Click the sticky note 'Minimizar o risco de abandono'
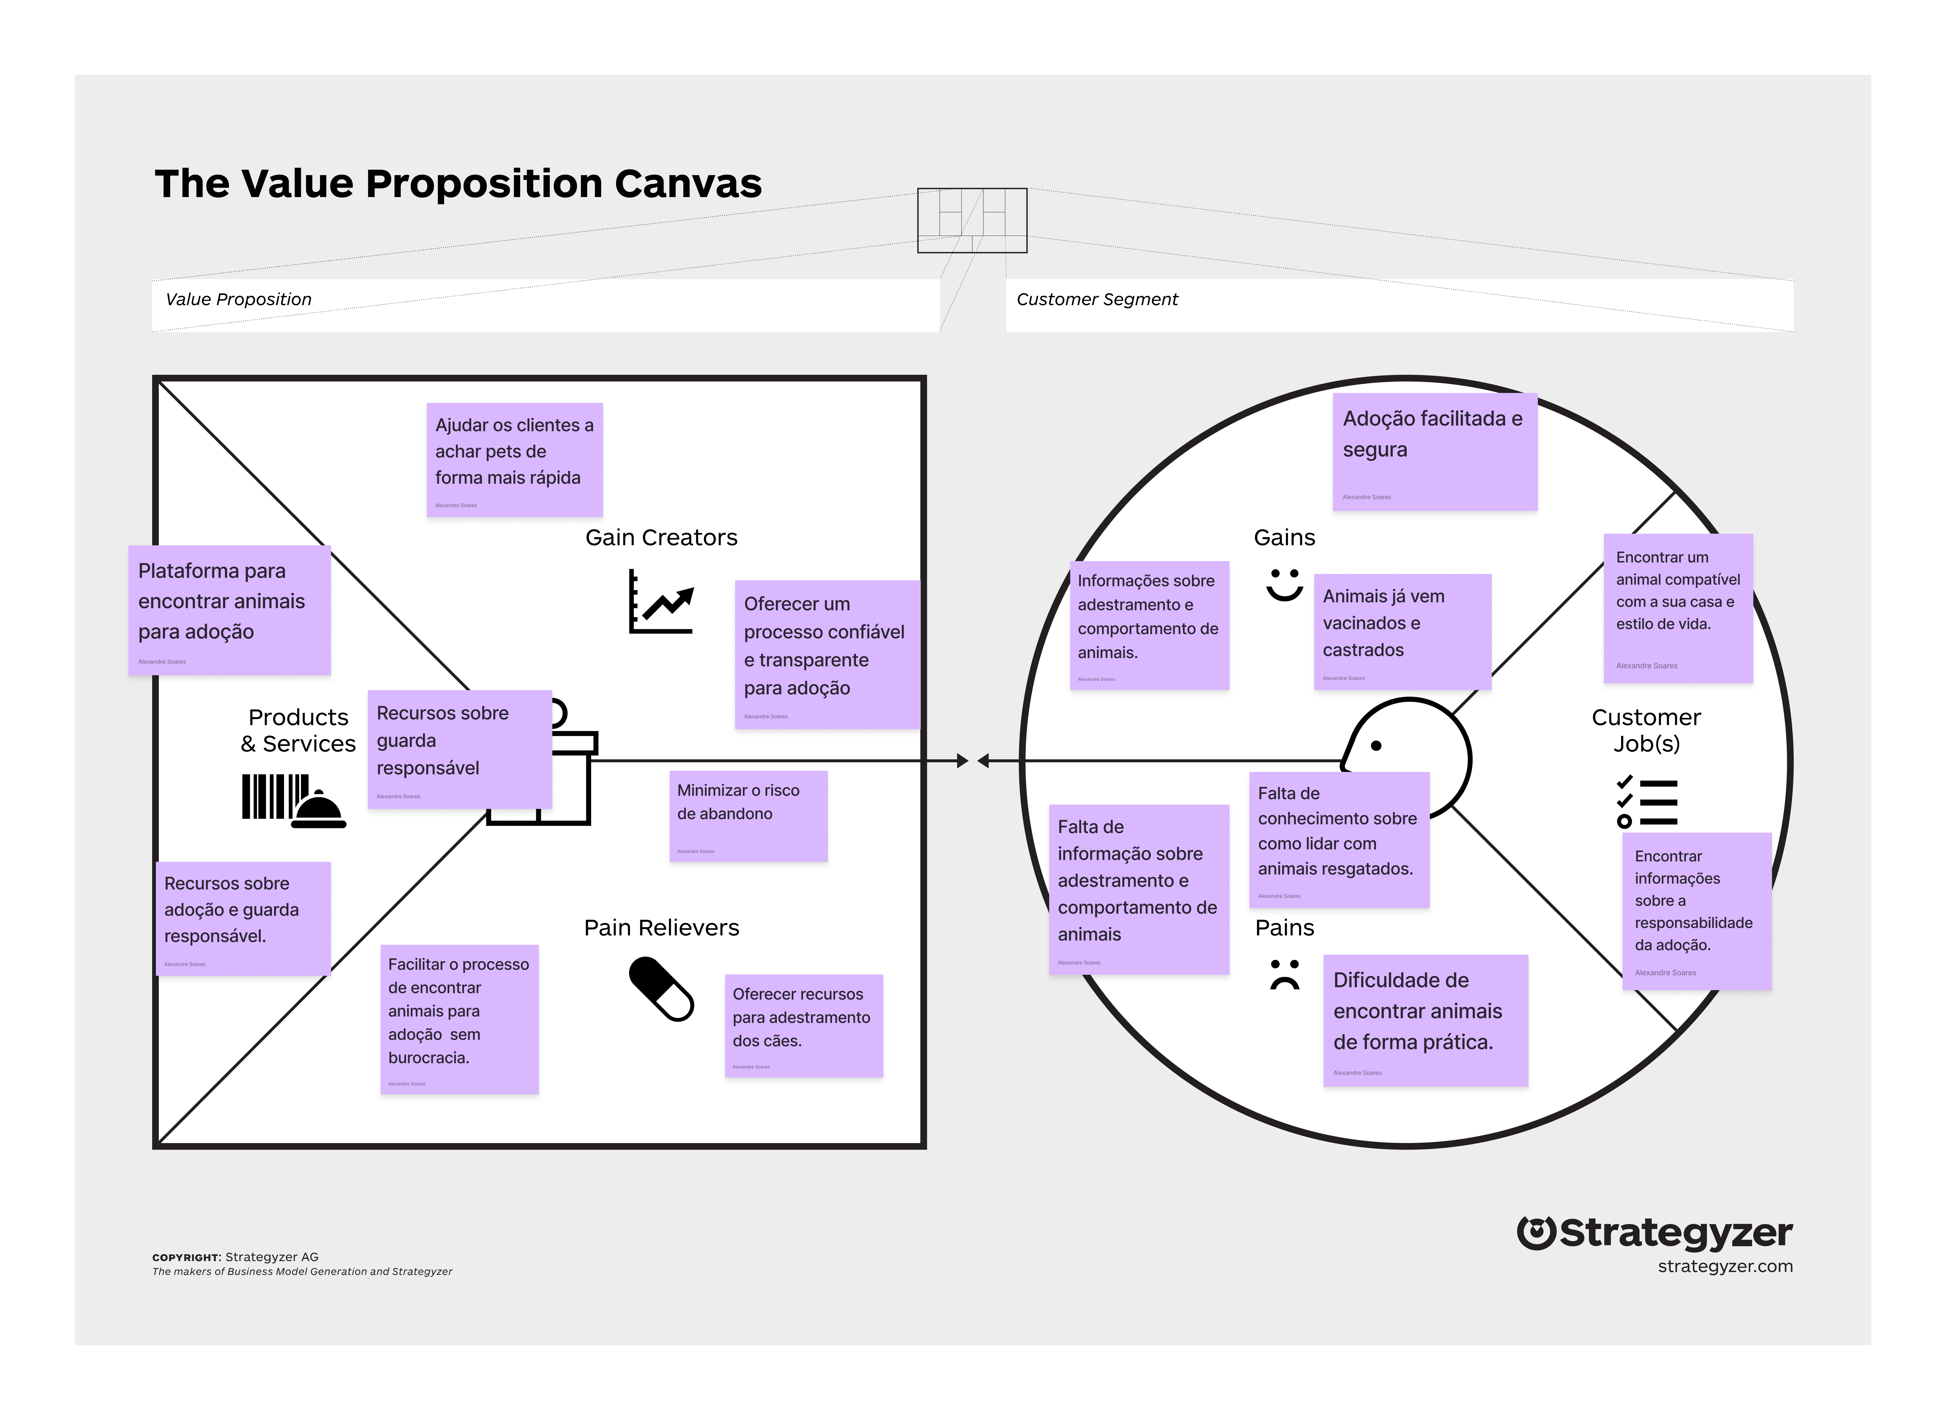[748, 815]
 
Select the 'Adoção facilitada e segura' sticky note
[1434, 451]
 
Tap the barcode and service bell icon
[293, 800]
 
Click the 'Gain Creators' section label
[661, 538]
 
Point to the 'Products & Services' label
[298, 731]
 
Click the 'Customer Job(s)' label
[1646, 731]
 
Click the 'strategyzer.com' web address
[1724, 1267]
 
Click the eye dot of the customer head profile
[1376, 746]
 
